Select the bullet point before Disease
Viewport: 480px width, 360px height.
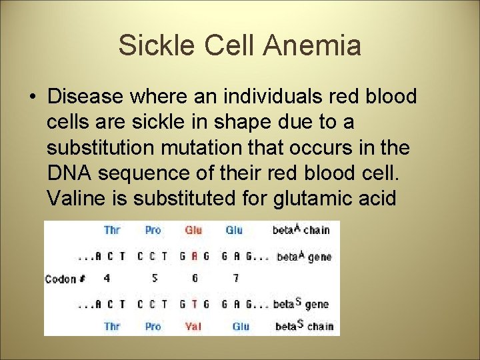pyautogui.click(x=33, y=97)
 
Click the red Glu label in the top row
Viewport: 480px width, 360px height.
pyautogui.click(x=193, y=230)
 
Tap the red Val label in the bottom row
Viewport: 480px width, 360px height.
pyautogui.click(x=193, y=327)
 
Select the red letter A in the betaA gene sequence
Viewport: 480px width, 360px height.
pyautogui.click(x=194, y=257)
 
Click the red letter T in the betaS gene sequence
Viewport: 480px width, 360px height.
pyautogui.click(x=194, y=305)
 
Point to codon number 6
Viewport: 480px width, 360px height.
pyautogui.click(x=194, y=279)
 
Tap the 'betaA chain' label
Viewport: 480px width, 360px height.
pyautogui.click(x=301, y=230)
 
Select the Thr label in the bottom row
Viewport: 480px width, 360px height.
pyautogui.click(x=112, y=327)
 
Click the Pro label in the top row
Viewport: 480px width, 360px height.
pyautogui.click(x=153, y=230)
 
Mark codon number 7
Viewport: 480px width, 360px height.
pyautogui.click(x=235, y=279)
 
